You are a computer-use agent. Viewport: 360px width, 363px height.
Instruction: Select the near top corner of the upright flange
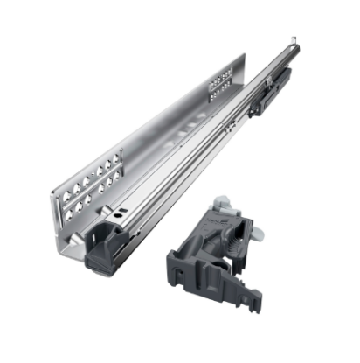pyautogui.click(x=54, y=172)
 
